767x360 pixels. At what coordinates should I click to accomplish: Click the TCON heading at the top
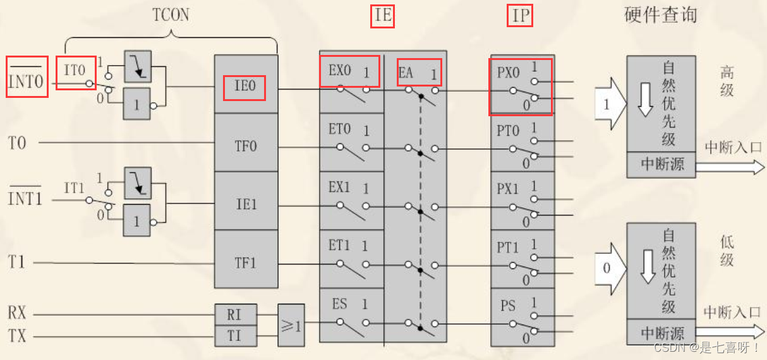coord(171,15)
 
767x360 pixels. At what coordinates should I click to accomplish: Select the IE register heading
coord(383,15)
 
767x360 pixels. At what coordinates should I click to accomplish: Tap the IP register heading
coord(520,15)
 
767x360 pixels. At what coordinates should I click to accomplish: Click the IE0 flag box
coord(245,87)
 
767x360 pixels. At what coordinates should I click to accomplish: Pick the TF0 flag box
coord(245,146)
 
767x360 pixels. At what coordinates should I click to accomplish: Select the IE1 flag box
coord(245,204)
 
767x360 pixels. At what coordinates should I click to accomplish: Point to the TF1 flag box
coord(245,262)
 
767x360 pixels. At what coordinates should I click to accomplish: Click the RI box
coord(234,314)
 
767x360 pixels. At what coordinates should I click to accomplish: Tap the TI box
coord(234,335)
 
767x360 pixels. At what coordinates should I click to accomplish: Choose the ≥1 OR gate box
coord(291,325)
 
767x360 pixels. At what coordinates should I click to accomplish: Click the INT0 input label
coord(27,81)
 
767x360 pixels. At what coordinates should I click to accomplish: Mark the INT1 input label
coord(25,198)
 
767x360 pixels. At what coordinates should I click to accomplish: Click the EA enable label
coord(406,73)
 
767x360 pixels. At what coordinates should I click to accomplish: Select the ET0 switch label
coord(339,129)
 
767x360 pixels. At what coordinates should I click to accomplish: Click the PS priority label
coord(507,306)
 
